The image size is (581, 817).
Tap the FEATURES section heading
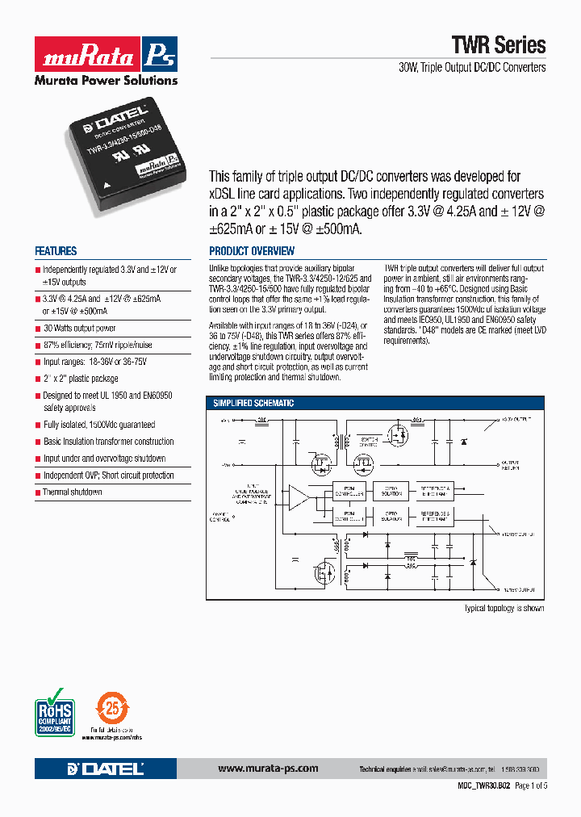(56, 251)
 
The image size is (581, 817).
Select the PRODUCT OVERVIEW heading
(252, 251)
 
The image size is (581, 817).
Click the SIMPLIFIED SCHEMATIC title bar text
(253, 403)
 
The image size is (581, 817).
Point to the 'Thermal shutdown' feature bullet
(72, 492)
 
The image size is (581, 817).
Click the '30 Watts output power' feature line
(78, 329)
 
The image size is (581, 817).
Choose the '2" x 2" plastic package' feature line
(80, 379)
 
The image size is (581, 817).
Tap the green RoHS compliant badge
(55, 711)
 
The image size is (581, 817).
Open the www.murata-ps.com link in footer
(268, 769)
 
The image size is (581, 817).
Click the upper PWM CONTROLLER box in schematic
(349, 490)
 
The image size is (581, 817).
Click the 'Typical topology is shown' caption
(504, 608)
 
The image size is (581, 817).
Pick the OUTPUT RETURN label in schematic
(511, 466)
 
